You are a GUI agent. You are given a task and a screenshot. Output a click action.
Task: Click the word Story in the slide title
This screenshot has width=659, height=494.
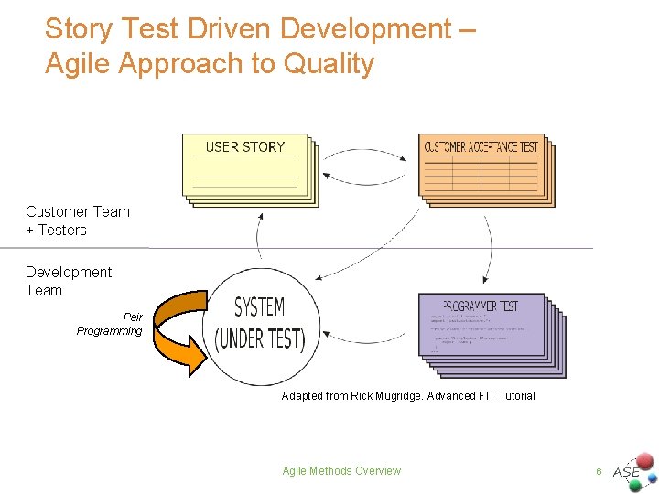(79, 28)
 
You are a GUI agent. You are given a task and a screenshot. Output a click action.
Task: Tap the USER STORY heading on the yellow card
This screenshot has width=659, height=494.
(244, 146)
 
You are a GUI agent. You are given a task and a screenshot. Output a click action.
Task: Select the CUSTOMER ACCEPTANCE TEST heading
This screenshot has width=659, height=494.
(481, 146)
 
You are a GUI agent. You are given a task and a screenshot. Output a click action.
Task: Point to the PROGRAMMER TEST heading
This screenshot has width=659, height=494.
(481, 306)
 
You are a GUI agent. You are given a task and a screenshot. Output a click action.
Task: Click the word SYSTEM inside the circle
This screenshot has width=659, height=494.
(259, 307)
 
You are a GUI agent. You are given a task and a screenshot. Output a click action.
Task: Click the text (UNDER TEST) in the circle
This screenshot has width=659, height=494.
(259, 338)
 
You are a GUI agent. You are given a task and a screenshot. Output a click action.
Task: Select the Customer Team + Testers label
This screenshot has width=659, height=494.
(77, 220)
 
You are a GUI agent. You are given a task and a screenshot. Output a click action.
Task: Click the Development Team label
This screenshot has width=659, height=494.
(68, 281)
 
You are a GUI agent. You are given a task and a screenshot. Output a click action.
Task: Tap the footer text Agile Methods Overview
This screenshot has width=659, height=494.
(341, 471)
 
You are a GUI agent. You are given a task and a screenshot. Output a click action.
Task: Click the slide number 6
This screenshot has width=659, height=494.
(598, 471)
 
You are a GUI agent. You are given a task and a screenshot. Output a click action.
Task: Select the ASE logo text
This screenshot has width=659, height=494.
(626, 472)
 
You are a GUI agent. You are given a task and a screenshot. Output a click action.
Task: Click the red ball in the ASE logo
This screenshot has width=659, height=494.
(645, 459)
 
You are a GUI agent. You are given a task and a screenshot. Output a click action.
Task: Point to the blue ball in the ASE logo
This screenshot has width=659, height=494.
(653, 477)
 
